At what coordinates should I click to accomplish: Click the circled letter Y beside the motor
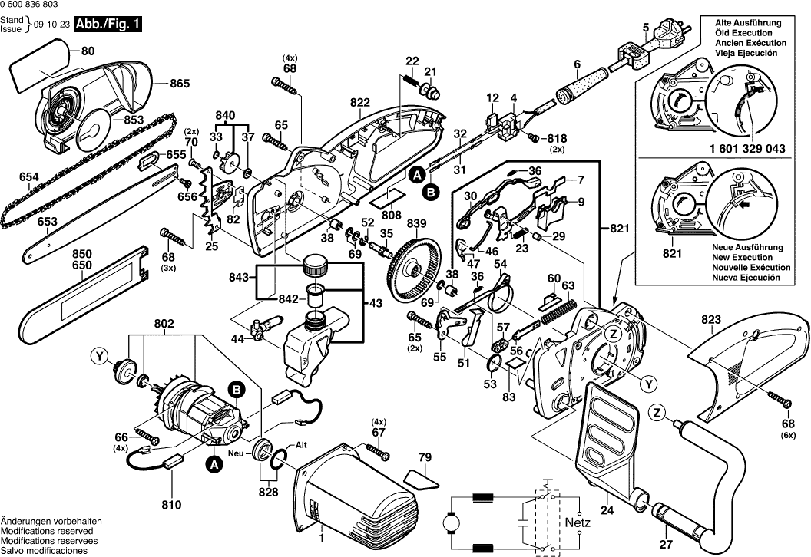point(99,355)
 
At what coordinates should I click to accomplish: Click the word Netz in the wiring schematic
point(579,522)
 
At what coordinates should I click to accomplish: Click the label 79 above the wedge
point(425,458)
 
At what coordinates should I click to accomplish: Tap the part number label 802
point(164,325)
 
